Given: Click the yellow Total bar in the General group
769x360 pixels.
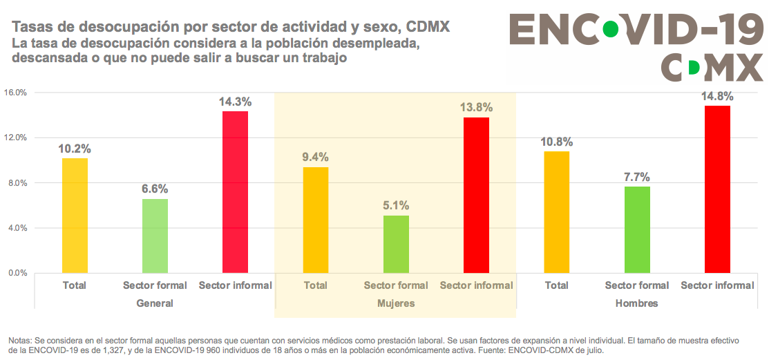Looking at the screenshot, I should click(75, 216).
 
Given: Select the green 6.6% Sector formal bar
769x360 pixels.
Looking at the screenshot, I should click(155, 236).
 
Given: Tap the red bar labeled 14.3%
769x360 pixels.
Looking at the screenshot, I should click(235, 192).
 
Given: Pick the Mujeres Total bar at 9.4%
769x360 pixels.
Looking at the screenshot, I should click(316, 220).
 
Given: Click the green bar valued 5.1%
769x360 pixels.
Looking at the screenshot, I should click(396, 244).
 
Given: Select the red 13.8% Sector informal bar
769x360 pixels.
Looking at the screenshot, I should click(476, 195).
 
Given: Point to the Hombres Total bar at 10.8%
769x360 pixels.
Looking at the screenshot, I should click(557, 212).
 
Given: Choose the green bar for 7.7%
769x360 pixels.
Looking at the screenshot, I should click(637, 229).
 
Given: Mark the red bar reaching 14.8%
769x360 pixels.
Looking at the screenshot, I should click(717, 189).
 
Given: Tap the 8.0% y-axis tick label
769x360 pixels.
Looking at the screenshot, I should click(16, 183).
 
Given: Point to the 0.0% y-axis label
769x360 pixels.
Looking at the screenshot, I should click(16, 273).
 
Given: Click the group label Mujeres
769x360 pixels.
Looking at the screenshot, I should click(396, 303).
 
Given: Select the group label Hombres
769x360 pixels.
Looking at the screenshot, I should click(636, 303).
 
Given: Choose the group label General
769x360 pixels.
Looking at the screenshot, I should click(155, 303).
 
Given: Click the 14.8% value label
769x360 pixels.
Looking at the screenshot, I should click(717, 96).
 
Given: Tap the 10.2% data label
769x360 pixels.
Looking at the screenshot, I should click(75, 149).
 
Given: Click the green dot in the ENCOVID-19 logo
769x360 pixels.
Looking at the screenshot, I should click(611, 30).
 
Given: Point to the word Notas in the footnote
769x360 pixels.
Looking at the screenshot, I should click(20, 341).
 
